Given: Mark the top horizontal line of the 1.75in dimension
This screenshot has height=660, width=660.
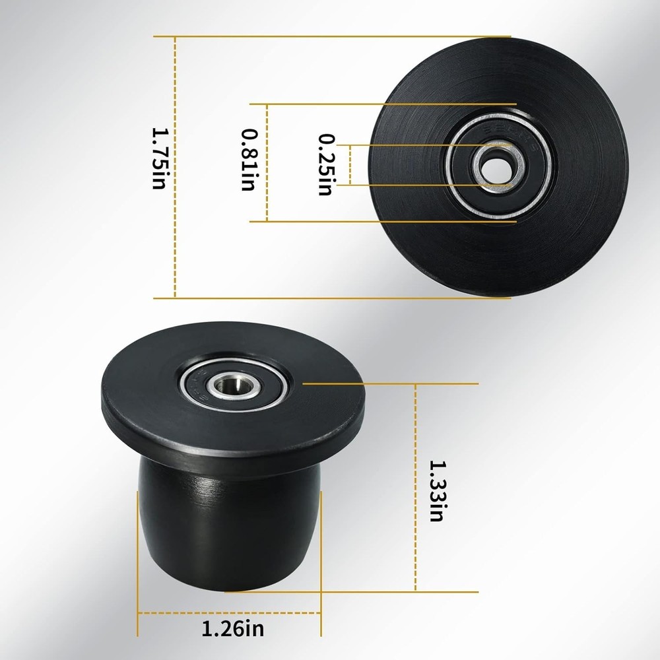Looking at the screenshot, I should coord(330,36).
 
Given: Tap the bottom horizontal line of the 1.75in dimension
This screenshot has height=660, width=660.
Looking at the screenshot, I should coord(330,298).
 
